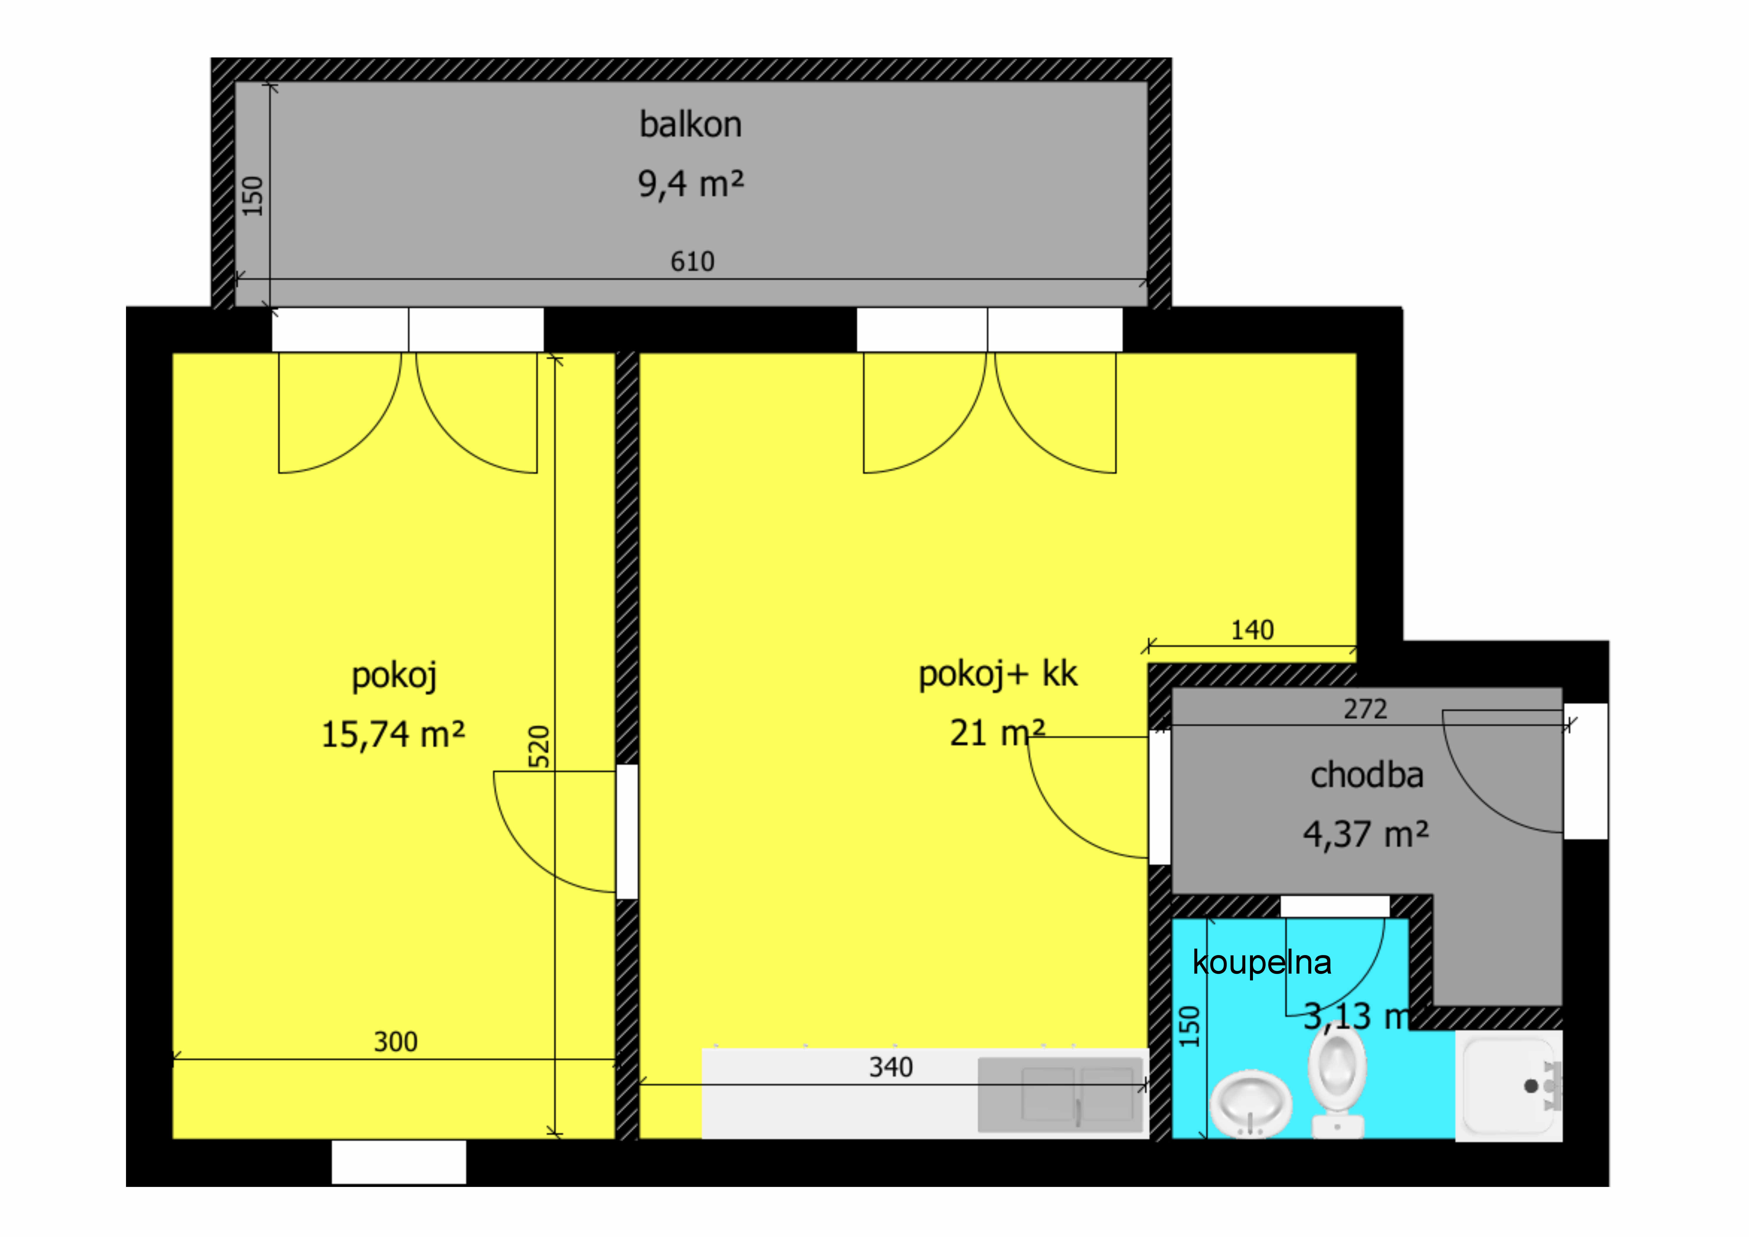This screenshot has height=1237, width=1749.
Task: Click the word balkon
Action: click(x=690, y=124)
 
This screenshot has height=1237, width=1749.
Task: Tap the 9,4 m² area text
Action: click(x=690, y=183)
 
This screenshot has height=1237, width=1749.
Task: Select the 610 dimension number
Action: click(x=692, y=261)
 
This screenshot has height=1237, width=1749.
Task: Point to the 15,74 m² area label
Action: click(x=393, y=734)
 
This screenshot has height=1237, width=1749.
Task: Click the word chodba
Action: click(x=1367, y=775)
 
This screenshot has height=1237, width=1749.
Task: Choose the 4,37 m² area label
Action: click(x=1366, y=834)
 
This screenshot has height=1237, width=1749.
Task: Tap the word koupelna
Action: click(x=1261, y=963)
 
